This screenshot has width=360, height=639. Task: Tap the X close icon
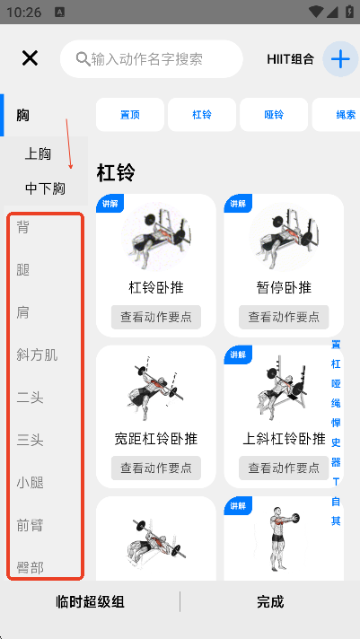[30, 58]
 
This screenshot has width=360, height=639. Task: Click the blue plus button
[340, 59]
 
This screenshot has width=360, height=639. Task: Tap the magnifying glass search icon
[83, 59]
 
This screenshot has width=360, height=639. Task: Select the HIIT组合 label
[290, 59]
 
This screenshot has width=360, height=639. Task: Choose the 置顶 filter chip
[130, 115]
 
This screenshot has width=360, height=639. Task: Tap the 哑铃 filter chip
[274, 115]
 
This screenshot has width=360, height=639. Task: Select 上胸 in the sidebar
[38, 154]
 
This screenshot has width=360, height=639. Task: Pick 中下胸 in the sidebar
[45, 188]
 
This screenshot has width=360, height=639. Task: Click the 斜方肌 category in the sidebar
[37, 355]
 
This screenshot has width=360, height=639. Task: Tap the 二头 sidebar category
[31, 398]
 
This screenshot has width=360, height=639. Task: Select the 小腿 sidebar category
[31, 483]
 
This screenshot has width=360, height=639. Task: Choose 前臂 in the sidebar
[31, 525]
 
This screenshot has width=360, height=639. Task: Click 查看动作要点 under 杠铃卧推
[156, 317]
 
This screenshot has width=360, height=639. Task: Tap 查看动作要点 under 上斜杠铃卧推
[284, 468]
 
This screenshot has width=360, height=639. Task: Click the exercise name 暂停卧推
[284, 288]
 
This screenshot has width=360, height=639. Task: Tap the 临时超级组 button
[90, 602]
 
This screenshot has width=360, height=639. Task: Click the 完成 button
[270, 602]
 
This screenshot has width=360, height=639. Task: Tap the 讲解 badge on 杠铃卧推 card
[110, 204]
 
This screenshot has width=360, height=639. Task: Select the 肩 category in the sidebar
[22, 312]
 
